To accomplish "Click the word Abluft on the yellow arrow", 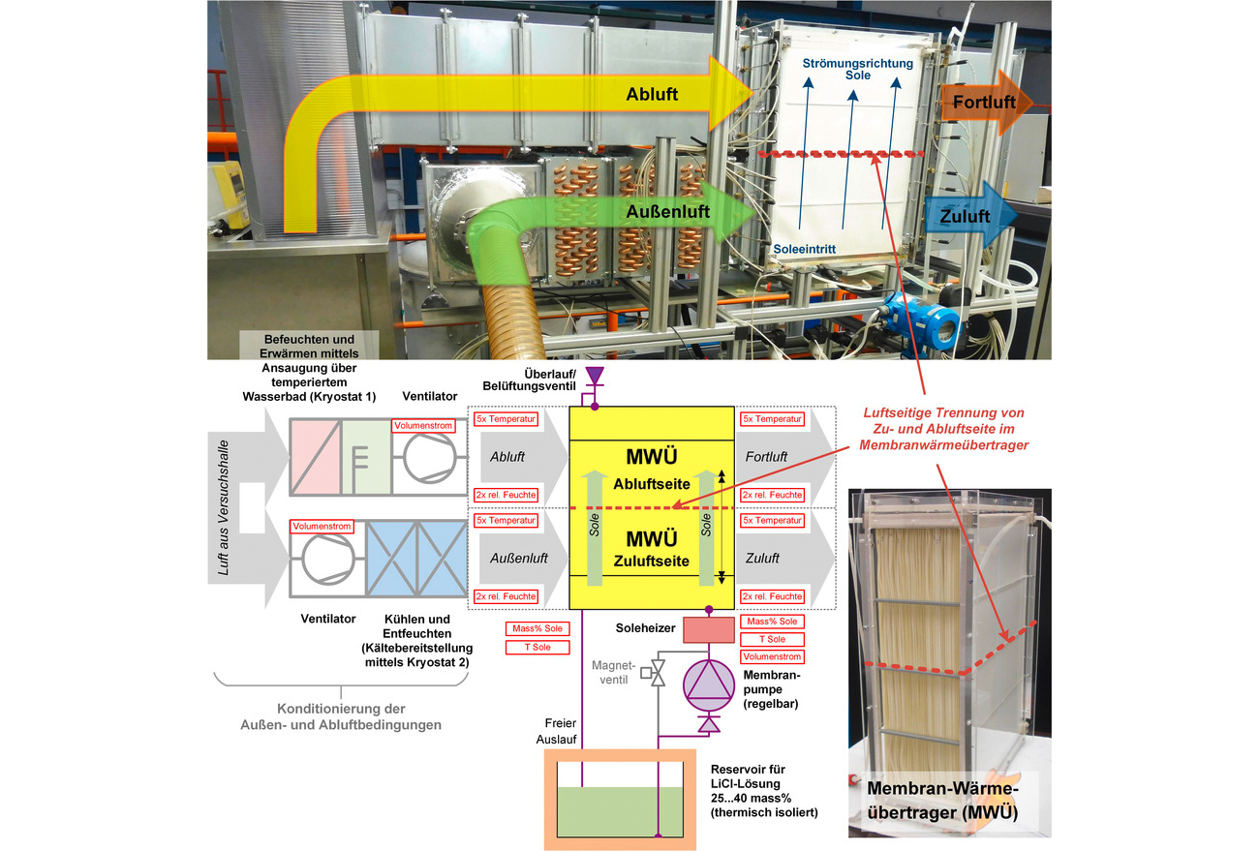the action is [x=652, y=94].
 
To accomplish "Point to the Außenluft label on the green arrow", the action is [x=667, y=212].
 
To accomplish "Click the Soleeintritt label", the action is [x=804, y=249].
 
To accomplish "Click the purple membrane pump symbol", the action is [x=708, y=685].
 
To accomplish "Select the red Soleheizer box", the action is [x=709, y=629].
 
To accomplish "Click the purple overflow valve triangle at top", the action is [x=595, y=376].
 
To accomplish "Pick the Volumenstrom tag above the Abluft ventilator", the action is [x=423, y=426].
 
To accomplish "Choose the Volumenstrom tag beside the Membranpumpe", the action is [x=772, y=656].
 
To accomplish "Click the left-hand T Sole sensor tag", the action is [x=537, y=647].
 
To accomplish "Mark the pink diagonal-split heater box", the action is [x=316, y=457].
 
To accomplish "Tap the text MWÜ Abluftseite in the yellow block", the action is [x=652, y=470].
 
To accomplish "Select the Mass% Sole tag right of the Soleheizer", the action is [x=772, y=622].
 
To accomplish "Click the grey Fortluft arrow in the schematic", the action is [x=785, y=457].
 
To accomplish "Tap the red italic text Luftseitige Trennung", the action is [x=943, y=412].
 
